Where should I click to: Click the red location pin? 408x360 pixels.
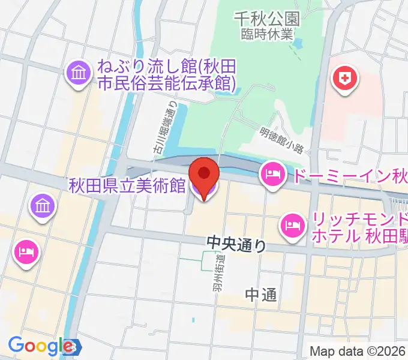click(204, 175)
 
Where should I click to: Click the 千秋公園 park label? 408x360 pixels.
click(267, 19)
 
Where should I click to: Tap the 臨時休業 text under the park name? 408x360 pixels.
click(267, 33)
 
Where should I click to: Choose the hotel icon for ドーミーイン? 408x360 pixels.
click(272, 175)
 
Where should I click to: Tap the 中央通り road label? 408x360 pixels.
click(235, 244)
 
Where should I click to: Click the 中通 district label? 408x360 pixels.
click(261, 294)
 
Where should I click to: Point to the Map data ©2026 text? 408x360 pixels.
click(357, 351)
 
